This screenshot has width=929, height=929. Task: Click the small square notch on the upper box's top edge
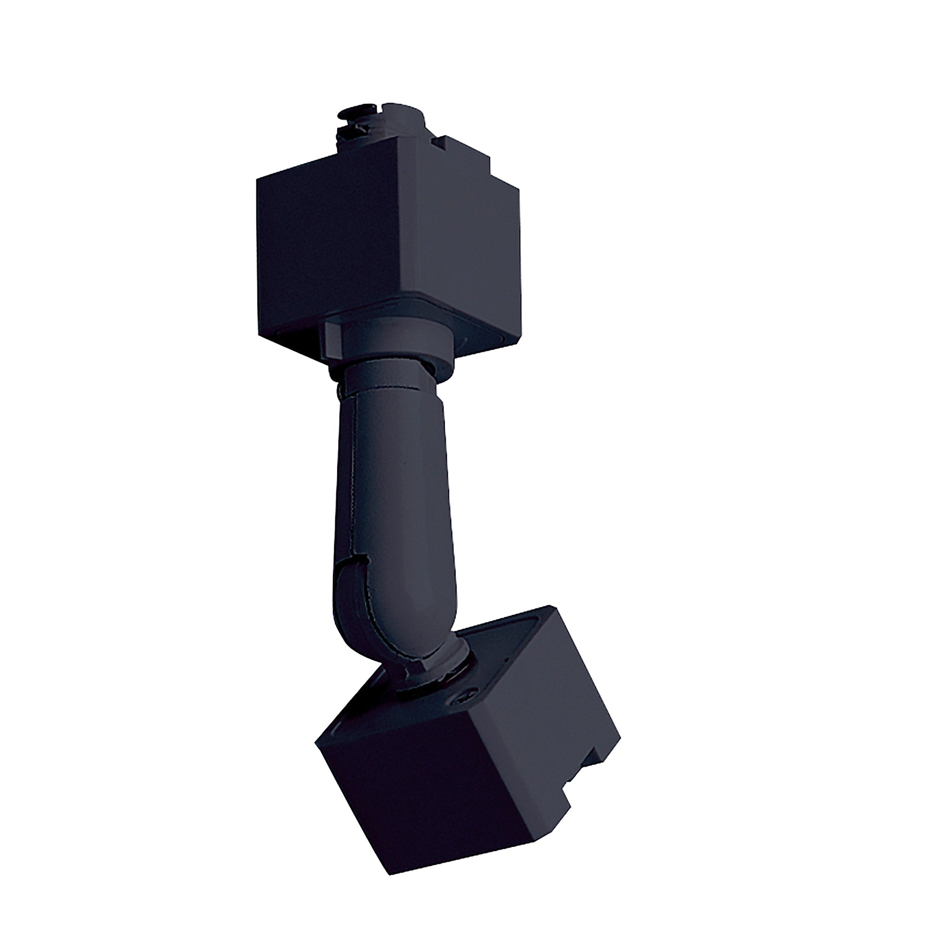(x=438, y=142)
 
